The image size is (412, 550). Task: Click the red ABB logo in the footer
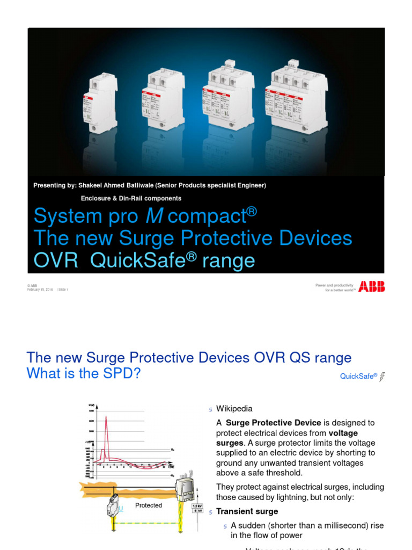tap(372, 286)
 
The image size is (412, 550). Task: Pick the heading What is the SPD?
tap(83, 374)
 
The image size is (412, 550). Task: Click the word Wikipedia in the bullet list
tap(234, 409)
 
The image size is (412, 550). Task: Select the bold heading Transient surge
tap(247, 512)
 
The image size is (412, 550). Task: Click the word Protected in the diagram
tap(149, 505)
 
